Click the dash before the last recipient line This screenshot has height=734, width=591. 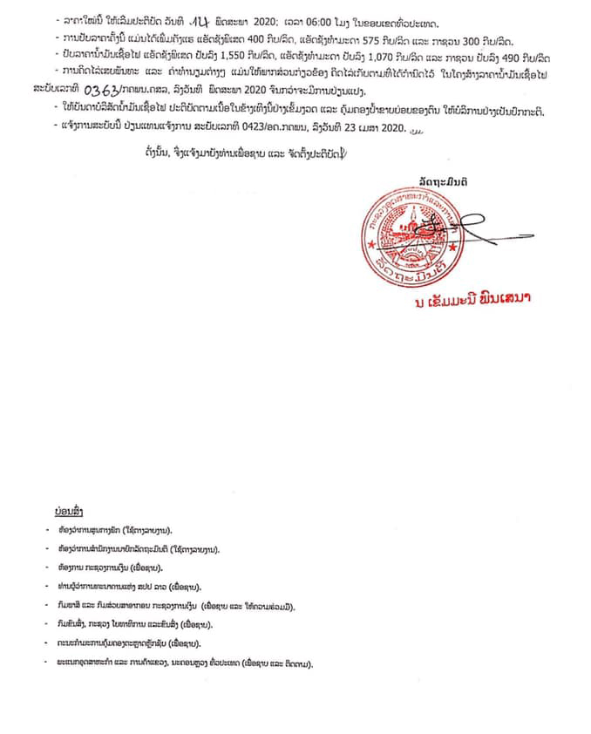pos(51,664)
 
